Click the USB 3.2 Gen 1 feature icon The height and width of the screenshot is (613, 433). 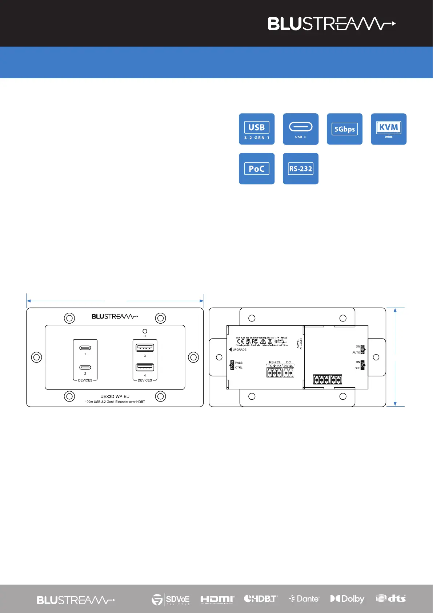tap(256, 129)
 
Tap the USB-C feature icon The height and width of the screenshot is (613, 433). tap(300, 129)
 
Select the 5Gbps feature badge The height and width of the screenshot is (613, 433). tap(344, 129)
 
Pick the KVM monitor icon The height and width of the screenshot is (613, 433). tap(388, 129)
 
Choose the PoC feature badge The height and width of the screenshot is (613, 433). tap(256, 169)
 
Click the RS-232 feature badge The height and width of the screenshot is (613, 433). tap(300, 169)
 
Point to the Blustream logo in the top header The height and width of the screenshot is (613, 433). tap(331, 24)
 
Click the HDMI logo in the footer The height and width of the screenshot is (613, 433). tap(217, 599)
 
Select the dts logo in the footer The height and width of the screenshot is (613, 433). tap(391, 598)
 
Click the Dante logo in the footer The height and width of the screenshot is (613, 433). tap(304, 599)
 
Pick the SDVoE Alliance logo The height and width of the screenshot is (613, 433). tap(171, 599)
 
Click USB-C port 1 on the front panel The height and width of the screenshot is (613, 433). tap(85, 348)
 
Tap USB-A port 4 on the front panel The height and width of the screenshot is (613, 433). tap(145, 367)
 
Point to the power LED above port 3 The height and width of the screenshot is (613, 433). tap(145, 331)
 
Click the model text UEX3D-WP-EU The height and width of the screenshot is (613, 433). tap(115, 396)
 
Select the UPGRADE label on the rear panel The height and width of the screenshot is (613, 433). tap(239, 349)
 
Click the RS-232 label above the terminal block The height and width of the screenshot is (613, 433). tap(274, 362)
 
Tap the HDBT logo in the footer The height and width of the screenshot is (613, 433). tap(261, 599)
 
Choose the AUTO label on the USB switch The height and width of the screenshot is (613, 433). tap(356, 352)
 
